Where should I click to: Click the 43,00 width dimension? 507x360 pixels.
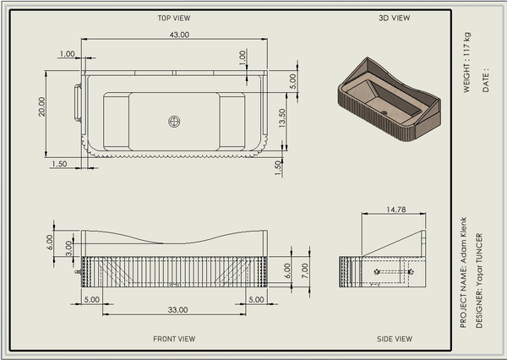point(179,35)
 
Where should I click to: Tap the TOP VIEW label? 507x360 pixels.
point(174,18)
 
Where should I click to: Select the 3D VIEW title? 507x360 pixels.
point(394,18)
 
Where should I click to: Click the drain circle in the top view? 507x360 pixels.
point(174,122)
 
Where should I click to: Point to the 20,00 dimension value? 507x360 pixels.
point(41,106)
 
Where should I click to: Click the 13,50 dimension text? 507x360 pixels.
point(282,118)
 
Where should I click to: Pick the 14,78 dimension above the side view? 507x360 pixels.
point(396,210)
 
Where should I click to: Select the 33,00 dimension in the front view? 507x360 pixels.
point(177,310)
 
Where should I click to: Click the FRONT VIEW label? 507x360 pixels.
point(174,339)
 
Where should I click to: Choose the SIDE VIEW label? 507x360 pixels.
point(395,339)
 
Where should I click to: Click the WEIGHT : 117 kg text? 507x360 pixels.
point(467,63)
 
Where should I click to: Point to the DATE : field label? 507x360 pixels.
point(486,80)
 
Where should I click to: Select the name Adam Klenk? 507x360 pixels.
point(463,240)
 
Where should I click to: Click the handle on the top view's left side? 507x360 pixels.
point(78,103)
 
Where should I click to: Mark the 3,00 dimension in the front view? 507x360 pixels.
point(69,248)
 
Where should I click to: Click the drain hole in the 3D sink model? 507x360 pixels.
point(384,113)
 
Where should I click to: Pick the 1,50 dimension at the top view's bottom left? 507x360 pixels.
point(59,164)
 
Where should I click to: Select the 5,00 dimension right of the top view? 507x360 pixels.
point(292,81)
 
